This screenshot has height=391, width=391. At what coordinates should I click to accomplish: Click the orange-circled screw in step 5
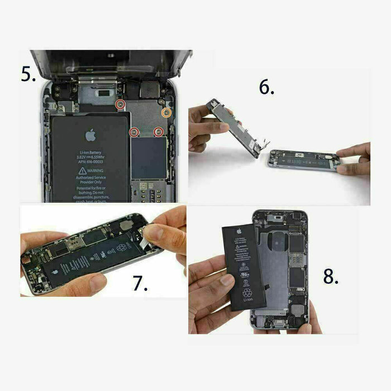tap(165, 112)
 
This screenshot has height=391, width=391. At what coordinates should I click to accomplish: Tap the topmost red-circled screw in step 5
tap(120, 104)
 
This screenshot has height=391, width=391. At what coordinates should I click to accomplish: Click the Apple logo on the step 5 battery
tap(89, 135)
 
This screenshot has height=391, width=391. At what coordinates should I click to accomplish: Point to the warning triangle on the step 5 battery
tap(83, 170)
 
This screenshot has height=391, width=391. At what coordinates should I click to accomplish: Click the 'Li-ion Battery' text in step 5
tap(89, 152)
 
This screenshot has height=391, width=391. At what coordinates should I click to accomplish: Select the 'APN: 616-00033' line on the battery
tap(89, 163)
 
